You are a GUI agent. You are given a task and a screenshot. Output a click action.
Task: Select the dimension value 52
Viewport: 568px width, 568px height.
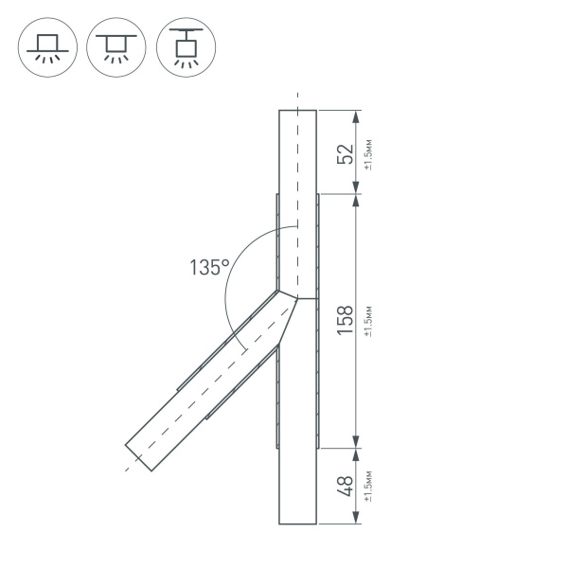[346, 153]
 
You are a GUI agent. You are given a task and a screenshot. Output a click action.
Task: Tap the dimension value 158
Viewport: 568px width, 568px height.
[346, 319]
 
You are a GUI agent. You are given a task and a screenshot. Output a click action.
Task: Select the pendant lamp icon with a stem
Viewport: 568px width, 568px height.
[186, 44]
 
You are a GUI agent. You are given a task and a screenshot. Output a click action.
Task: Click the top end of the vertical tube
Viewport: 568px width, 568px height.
[297, 111]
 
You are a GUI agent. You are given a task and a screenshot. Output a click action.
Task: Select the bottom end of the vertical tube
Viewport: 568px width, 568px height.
[297, 524]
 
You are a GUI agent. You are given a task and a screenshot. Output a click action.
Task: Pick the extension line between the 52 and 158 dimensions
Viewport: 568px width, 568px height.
[338, 194]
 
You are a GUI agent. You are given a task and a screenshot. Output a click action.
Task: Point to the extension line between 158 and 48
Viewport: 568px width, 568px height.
[338, 446]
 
